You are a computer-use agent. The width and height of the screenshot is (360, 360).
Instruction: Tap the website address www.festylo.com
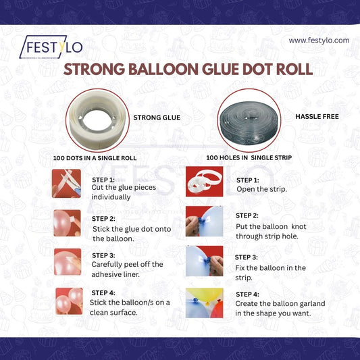click(319, 41)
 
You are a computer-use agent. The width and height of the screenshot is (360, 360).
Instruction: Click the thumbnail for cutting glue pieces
click(66, 183)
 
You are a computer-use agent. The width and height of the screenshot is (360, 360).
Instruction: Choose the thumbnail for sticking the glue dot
click(67, 222)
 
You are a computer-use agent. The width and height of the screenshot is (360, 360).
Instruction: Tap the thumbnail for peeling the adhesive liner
click(67, 261)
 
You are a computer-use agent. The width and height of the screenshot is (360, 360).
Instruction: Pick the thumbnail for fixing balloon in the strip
click(204, 261)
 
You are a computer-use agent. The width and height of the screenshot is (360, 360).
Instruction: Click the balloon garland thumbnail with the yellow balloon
click(204, 303)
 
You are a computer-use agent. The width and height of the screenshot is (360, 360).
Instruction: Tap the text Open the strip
click(261, 189)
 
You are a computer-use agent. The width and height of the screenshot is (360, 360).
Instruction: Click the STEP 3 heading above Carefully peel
click(103, 255)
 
